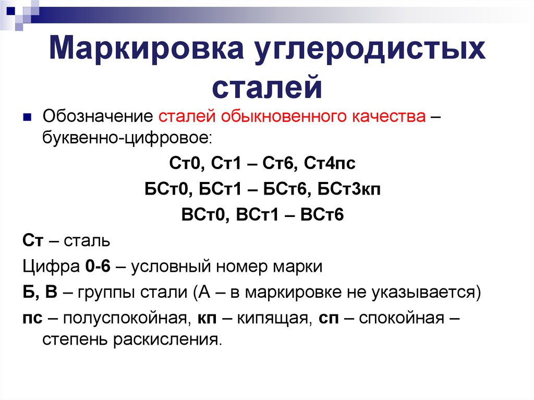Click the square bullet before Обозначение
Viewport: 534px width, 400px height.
click(27, 117)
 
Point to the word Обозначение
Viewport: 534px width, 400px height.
click(98, 116)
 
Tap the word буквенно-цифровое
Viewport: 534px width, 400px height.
click(127, 138)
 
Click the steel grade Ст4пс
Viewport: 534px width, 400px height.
click(330, 163)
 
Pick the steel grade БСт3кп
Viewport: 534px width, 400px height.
click(349, 189)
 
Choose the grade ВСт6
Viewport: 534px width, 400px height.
click(322, 215)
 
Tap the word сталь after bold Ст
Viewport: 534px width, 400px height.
click(87, 241)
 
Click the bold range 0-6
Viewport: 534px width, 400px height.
click(98, 266)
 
